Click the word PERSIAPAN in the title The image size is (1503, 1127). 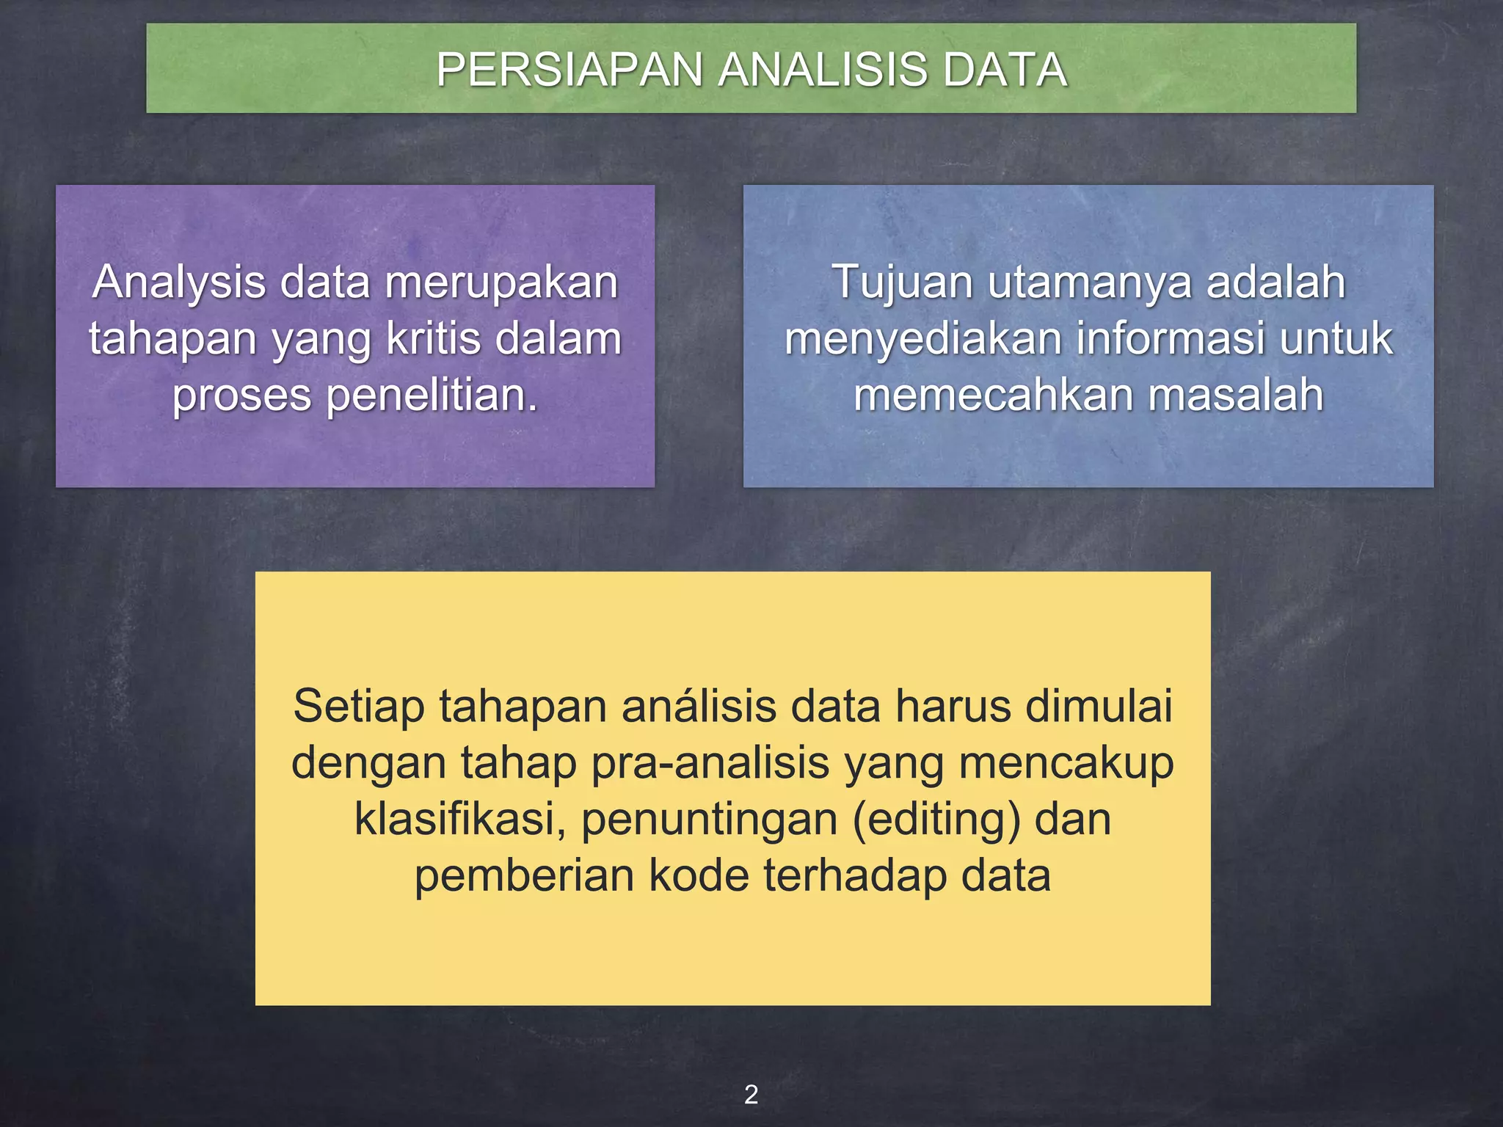point(570,70)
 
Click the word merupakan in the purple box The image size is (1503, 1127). point(502,282)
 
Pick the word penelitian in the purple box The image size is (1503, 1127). point(431,395)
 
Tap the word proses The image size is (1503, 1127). point(242,395)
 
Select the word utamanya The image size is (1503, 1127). point(1089,282)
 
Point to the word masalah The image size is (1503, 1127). point(1236,395)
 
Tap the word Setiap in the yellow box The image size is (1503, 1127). point(358,707)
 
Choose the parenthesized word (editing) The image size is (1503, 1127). point(936,819)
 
